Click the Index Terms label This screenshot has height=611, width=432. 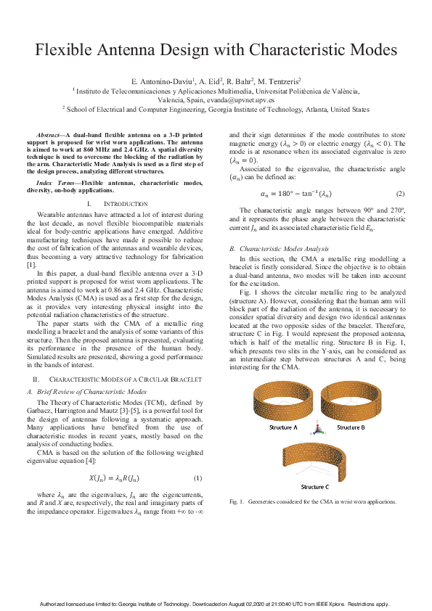coord(57,183)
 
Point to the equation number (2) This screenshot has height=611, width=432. coord(399,194)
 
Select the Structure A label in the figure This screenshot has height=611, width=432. coord(285,427)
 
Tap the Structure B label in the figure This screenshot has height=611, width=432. coord(350,427)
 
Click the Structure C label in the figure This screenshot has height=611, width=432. coord(314,486)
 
